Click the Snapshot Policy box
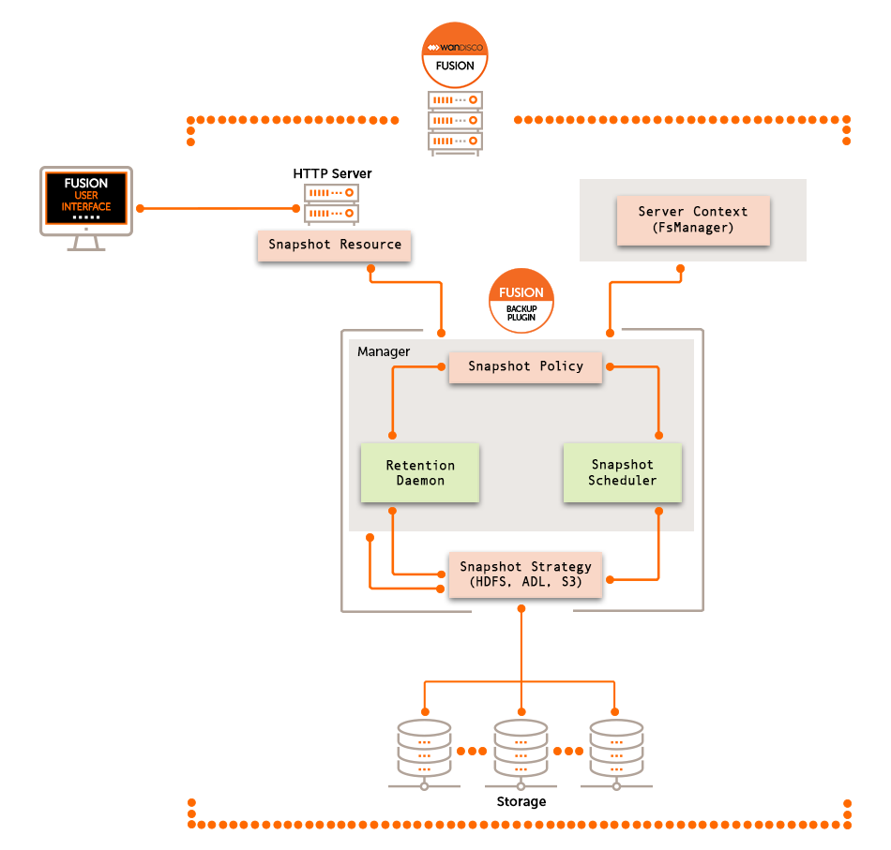coord(525,366)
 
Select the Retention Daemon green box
coord(420,472)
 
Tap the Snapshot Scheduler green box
coord(622,472)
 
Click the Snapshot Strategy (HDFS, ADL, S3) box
coord(525,574)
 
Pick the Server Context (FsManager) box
coord(692,220)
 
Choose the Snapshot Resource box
coord(335,245)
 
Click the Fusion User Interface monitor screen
coord(86,201)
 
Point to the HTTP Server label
coord(332,173)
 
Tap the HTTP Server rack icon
coord(332,203)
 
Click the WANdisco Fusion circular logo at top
coord(455,53)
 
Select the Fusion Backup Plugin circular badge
coord(521,303)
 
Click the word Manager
coord(384,351)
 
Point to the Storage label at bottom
coord(521,801)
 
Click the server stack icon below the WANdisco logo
coord(455,121)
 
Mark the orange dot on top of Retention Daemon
coord(392,436)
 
